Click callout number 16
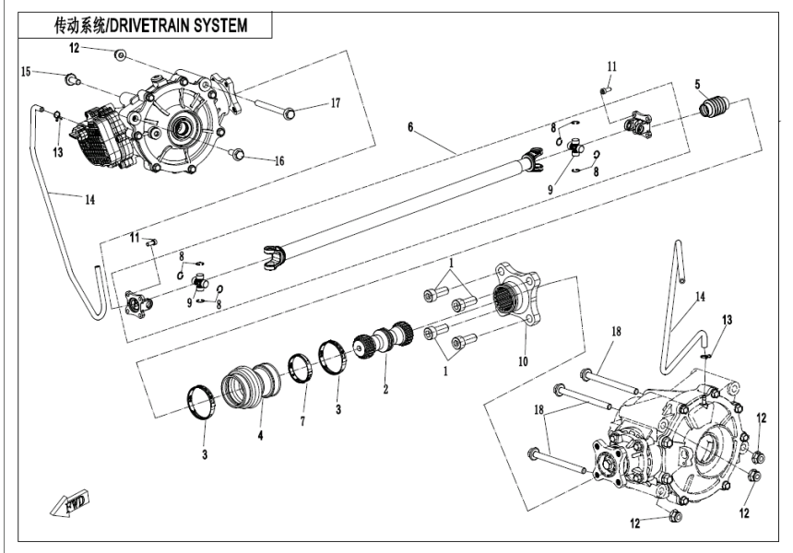pos(278,160)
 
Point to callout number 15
pos(27,71)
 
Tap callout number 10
pos(523,361)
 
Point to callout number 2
pos(386,389)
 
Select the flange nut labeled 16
pos(236,153)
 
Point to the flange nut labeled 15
pos(70,79)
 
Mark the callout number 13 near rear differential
pos(728,319)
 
